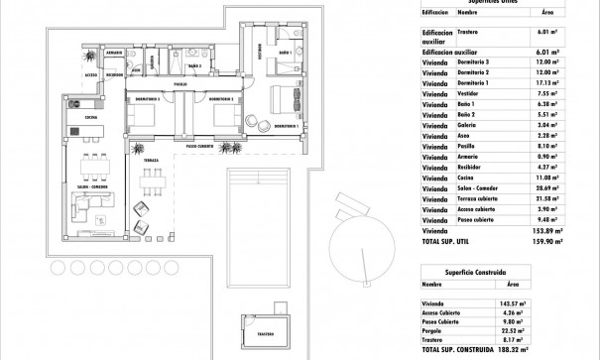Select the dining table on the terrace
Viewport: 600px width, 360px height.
pyautogui.click(x=151, y=182)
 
